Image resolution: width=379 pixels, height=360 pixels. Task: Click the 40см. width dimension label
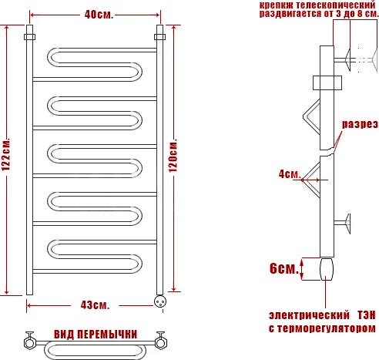(x=96, y=14)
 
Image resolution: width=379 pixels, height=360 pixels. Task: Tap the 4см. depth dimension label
(x=289, y=174)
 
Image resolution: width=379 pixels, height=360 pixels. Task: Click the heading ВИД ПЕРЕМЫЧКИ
(x=96, y=335)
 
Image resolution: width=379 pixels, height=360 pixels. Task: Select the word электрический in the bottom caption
(x=304, y=315)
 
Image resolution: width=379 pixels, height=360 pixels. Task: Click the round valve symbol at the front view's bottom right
(x=160, y=301)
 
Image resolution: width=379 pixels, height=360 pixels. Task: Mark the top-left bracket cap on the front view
(x=30, y=36)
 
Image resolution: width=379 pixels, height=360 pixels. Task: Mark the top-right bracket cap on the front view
(x=160, y=36)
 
